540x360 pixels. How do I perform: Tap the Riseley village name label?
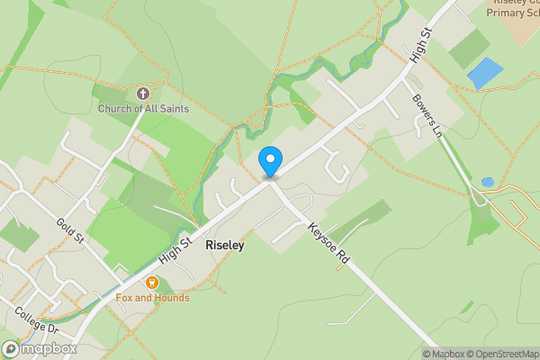click(224, 244)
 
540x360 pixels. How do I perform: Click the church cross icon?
click(142, 93)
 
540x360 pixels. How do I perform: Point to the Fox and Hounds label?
click(152, 297)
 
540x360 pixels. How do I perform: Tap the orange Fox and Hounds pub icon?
click(151, 283)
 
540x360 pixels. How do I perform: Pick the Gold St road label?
click(69, 230)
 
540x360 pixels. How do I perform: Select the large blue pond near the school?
click(485, 73)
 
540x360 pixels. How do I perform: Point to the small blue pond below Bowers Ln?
click(487, 182)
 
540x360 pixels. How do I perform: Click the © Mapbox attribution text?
click(444, 354)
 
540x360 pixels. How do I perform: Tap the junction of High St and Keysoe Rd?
click(271, 183)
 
